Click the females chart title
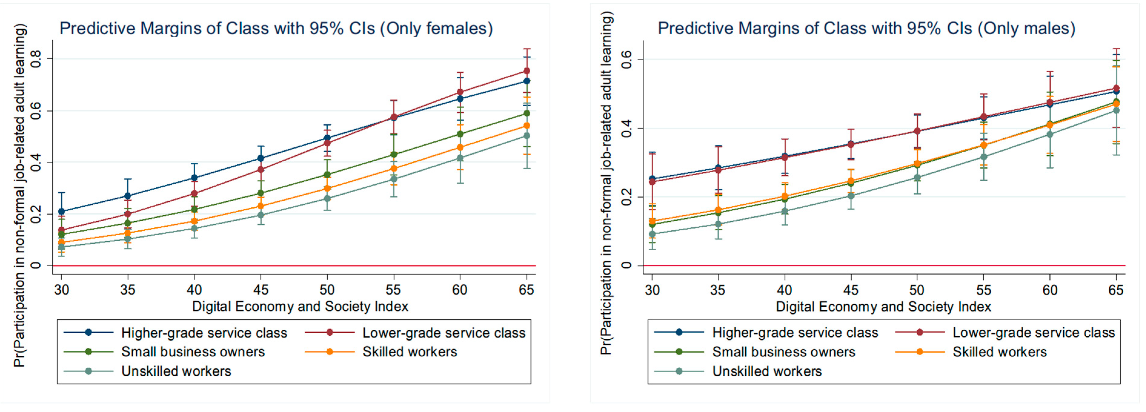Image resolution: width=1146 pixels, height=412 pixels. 276,28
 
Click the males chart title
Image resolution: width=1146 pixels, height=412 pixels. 866,28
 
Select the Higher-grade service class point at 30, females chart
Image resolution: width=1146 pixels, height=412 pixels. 61,212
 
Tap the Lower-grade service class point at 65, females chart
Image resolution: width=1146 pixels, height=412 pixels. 526,71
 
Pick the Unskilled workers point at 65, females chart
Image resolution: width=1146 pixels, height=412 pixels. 526,136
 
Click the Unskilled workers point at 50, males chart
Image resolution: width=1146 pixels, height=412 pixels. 917,178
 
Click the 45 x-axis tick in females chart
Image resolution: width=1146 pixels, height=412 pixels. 261,290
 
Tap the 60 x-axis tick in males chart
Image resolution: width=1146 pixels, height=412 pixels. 1049,290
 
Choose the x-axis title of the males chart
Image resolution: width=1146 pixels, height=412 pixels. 883,307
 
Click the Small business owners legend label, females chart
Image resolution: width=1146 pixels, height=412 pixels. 193,352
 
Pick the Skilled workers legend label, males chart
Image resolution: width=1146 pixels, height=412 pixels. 999,352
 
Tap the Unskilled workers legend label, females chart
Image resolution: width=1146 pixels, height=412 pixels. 176,371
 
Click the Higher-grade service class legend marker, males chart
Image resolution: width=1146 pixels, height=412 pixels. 679,332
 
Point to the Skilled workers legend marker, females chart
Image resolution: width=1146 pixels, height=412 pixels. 330,352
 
